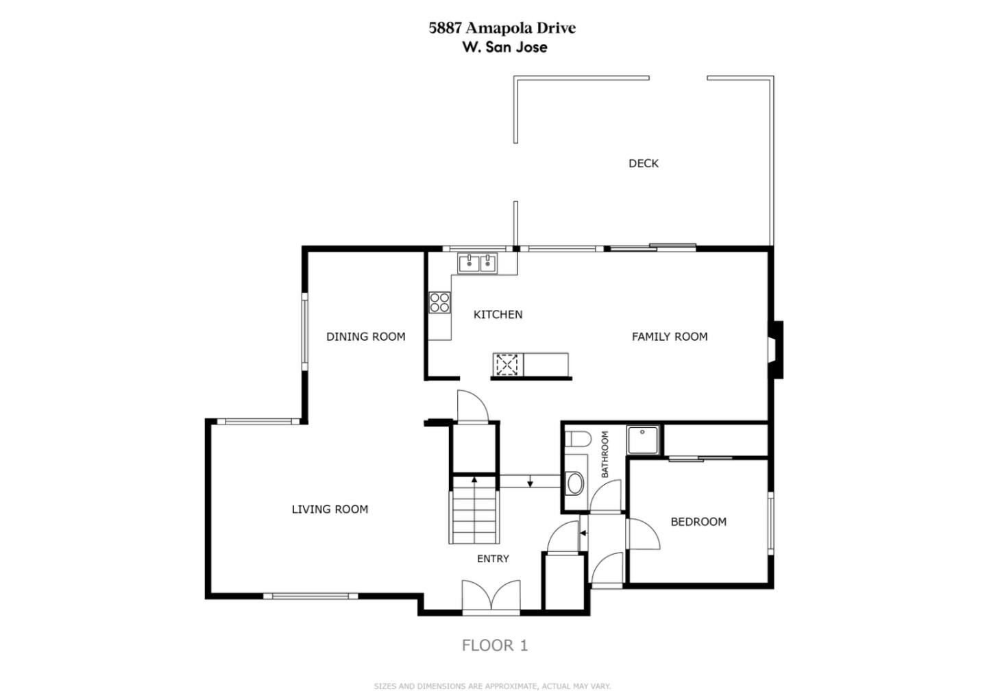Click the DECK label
pos(644,163)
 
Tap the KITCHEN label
pos(498,315)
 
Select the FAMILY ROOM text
pos(670,337)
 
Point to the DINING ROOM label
pos(366,337)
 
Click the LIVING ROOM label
pos(330,509)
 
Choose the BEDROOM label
pos(698,522)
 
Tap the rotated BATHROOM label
pos(605,455)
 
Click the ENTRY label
pos(493,559)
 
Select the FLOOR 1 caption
pos(495,646)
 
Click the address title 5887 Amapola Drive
pos(502,27)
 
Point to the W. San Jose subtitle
pos(505,47)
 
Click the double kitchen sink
pos(478,263)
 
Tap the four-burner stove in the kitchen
pos(439,302)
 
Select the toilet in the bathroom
pos(578,439)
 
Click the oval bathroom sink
pos(575,484)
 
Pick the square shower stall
pos(643,440)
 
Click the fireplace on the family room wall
pos(777,350)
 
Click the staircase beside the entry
pos(474,510)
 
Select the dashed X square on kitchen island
pos(507,364)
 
